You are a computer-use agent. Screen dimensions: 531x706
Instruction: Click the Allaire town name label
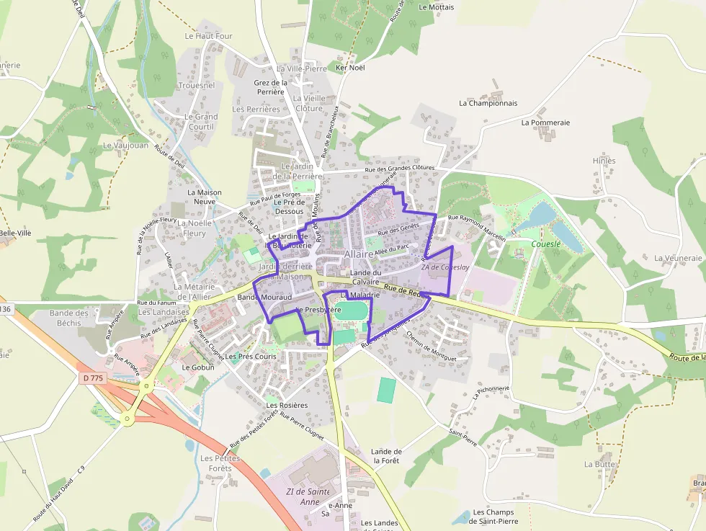tap(359, 254)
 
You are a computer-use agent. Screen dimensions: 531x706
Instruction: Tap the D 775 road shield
tap(94, 378)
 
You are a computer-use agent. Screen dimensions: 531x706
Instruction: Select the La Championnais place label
tap(488, 103)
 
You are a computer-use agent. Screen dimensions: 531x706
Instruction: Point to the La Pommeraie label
tap(545, 122)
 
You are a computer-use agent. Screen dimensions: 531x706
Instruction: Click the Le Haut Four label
tap(208, 36)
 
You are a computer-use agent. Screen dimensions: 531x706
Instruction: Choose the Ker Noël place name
tap(351, 68)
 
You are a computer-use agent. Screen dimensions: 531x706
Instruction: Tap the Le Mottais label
tap(436, 7)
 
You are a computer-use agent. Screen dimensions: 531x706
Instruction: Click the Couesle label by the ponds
tap(545, 244)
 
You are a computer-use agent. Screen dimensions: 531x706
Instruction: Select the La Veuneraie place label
tap(678, 258)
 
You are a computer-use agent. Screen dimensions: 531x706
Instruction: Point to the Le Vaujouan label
tap(125, 145)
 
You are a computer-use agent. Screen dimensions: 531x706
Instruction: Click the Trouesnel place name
tap(196, 85)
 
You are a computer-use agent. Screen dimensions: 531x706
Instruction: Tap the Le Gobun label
tap(198, 367)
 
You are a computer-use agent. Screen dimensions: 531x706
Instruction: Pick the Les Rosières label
tap(287, 405)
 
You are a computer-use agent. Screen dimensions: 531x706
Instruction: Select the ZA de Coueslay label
tap(445, 267)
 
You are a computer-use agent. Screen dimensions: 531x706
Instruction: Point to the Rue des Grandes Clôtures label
tap(400, 168)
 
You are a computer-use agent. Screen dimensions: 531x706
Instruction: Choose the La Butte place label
tap(599, 465)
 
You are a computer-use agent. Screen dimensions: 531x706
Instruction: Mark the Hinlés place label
tap(604, 161)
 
